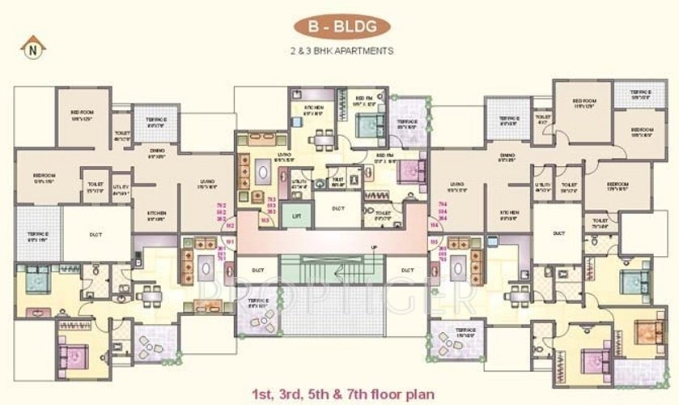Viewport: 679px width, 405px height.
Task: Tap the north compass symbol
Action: coord(32,47)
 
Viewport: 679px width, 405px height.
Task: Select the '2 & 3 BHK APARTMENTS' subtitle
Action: coord(341,50)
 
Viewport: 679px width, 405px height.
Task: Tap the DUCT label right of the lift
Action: coord(338,208)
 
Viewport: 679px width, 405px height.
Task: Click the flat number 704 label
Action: coord(442,205)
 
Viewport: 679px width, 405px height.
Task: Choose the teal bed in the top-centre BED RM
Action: coord(368,126)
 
